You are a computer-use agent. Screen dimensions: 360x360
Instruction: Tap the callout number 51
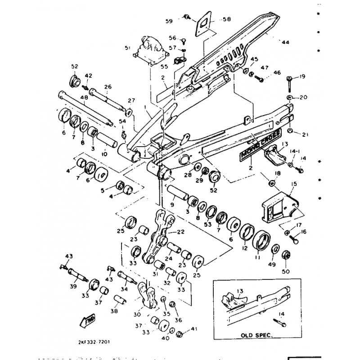127,48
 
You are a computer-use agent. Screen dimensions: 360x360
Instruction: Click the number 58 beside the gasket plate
226,19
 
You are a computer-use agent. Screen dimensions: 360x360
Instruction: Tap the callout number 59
169,21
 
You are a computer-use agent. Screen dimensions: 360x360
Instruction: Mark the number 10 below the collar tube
104,154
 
